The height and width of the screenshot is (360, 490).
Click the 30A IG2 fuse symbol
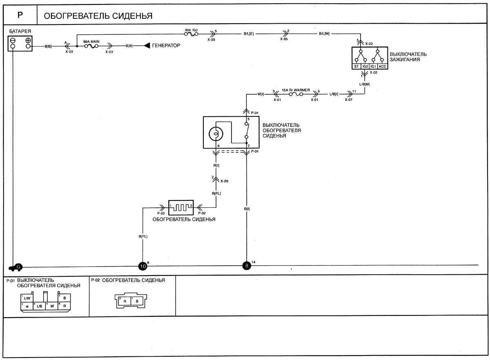tap(191, 34)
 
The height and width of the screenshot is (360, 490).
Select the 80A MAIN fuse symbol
tap(91, 46)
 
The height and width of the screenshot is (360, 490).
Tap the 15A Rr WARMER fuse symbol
tap(296, 94)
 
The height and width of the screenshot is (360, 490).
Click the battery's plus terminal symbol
tap(28, 40)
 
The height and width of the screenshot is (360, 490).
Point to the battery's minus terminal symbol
tap(13, 40)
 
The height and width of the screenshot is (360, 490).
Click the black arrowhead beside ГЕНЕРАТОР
tap(147, 45)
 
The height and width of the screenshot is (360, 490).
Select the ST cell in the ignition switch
tap(356, 66)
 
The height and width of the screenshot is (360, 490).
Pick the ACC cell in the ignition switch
tap(382, 66)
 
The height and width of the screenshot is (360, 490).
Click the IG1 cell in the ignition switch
tap(373, 66)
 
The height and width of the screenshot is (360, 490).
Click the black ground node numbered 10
tap(143, 266)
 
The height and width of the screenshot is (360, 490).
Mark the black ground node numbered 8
tap(247, 266)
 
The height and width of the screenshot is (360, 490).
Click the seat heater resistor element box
tap(181, 208)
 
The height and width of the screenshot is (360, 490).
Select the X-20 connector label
tap(224, 181)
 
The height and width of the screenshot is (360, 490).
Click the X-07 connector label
tap(348, 100)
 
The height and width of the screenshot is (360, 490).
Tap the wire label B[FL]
tap(143, 236)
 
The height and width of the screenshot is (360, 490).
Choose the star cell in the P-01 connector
tap(27, 306)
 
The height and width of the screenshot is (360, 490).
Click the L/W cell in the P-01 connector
tap(27, 298)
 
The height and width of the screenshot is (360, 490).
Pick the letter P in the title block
tap(20, 15)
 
